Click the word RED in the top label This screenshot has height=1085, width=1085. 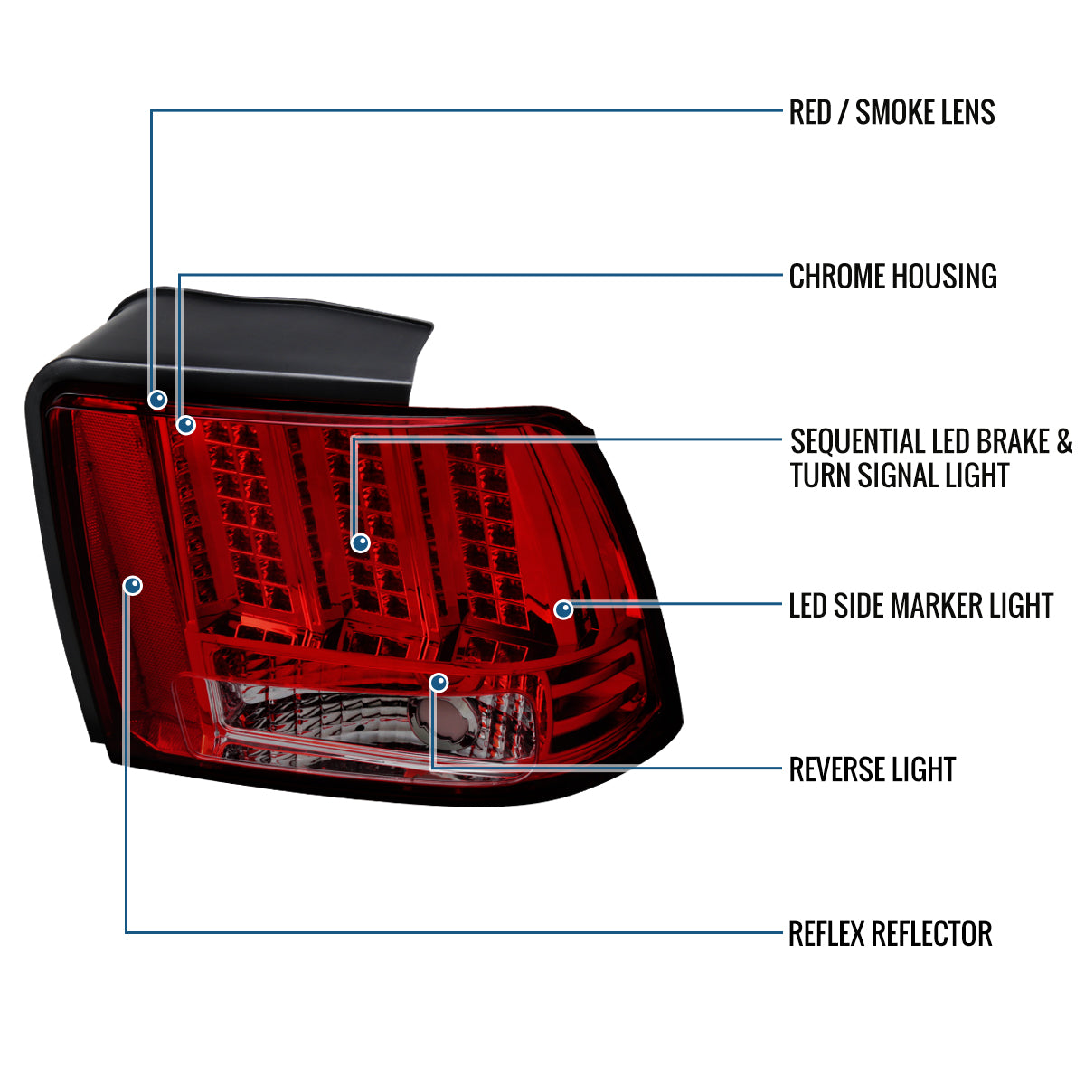[810, 112]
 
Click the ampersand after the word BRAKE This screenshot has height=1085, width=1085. [1064, 441]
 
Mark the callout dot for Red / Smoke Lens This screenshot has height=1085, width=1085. [157, 399]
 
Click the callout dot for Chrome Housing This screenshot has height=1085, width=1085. [186, 424]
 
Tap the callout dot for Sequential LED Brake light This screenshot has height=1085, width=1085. [361, 542]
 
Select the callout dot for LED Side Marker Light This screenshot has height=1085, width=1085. [563, 609]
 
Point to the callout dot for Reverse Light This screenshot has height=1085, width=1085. [439, 683]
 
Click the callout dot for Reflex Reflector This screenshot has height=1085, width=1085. [133, 586]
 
